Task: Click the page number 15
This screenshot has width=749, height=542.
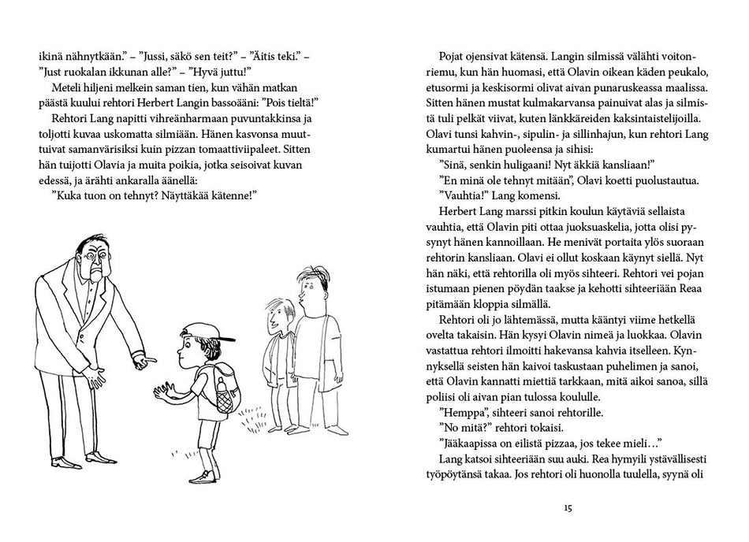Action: pos(567,507)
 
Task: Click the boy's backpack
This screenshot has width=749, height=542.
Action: pos(222,379)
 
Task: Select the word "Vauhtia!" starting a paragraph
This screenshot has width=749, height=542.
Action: pos(458,195)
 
